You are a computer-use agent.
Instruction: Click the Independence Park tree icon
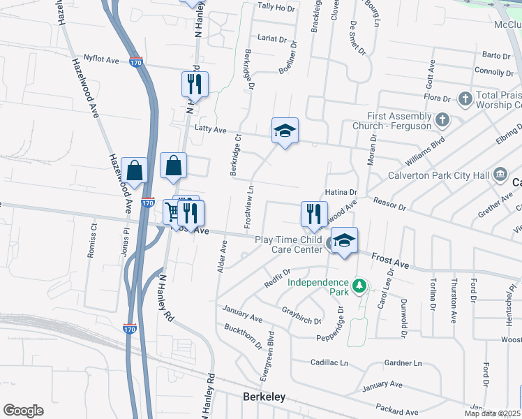359,285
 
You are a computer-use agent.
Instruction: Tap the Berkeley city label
264,397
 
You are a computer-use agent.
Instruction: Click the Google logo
23,411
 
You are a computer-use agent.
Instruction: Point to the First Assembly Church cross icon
441,120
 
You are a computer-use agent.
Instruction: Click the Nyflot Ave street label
101,60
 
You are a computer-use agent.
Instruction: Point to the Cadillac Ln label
329,363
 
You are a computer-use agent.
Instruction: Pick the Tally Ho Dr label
276,7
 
